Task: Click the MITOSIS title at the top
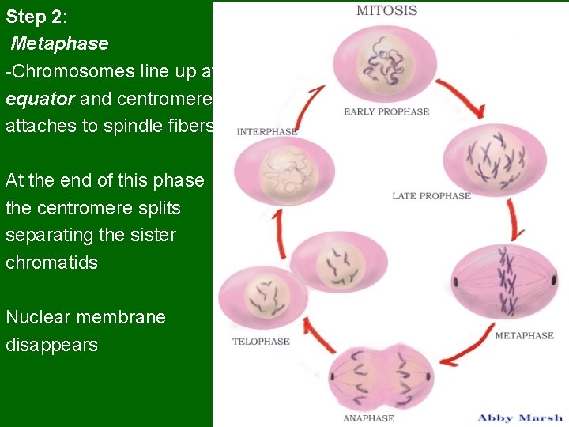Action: pos(386,11)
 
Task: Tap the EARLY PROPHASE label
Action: pos(386,111)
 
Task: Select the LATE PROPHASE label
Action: pos(431,196)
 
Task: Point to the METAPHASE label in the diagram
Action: pos(524,335)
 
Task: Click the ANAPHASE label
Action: pos(368,418)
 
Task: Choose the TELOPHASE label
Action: pos(261,342)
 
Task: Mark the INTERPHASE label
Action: pos(267,132)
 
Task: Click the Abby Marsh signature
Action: pos(520,417)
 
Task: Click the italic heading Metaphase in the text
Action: pos(59,43)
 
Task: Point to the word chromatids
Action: pos(51,263)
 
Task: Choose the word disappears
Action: pos(51,345)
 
